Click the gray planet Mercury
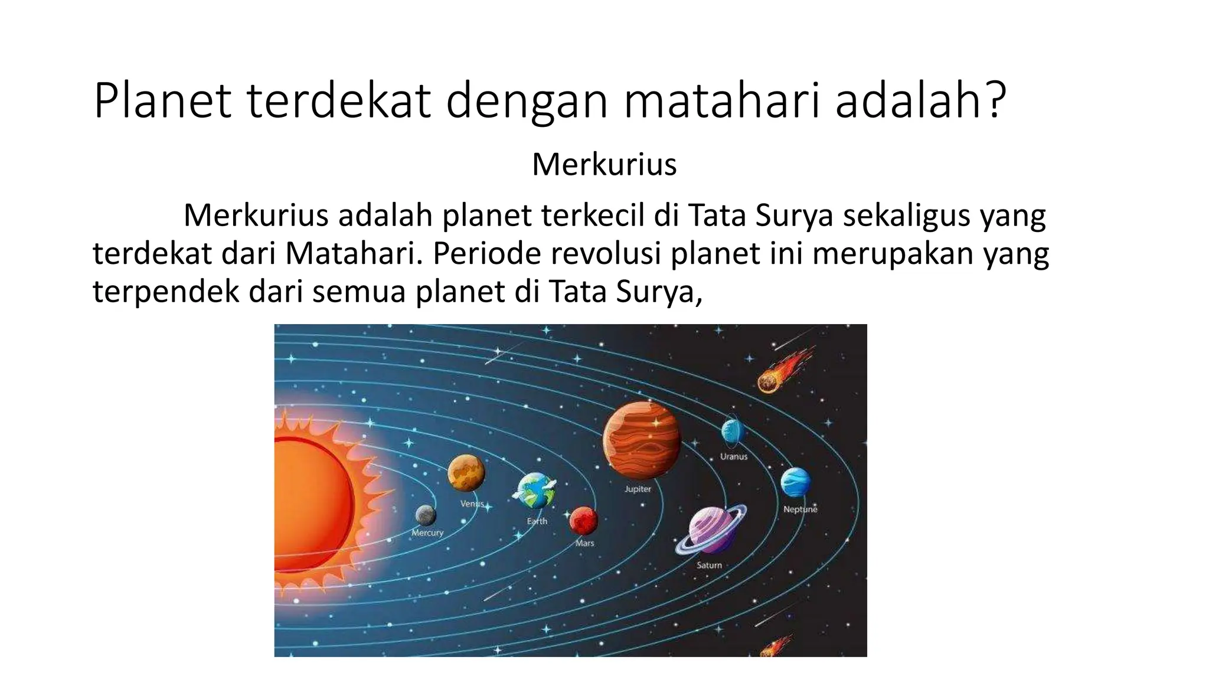click(426, 515)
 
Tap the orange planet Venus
click(466, 473)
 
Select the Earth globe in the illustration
click(535, 491)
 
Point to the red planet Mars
click(584, 521)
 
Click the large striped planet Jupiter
click(642, 440)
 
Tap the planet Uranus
click(732, 431)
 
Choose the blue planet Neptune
click(795, 482)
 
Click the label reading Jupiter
click(638, 489)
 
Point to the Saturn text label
click(709, 565)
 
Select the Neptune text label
click(800, 509)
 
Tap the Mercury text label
click(427, 532)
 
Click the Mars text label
click(584, 543)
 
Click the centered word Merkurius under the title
click(604, 164)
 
